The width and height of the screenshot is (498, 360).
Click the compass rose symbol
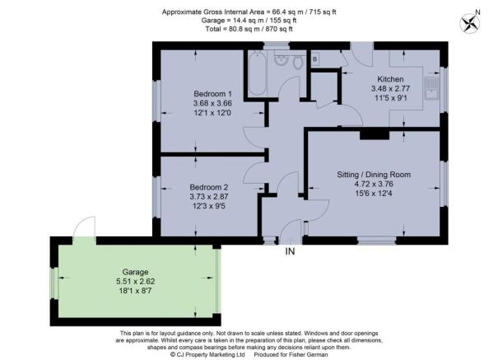(470, 24)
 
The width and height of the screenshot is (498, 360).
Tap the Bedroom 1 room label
(212, 94)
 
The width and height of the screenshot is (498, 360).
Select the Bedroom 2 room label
(208, 187)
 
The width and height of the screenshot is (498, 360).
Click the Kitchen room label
(390, 79)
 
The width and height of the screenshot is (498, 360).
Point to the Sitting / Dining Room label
(374, 175)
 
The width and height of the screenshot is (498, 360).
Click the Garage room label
(135, 272)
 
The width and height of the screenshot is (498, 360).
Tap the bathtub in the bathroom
(257, 74)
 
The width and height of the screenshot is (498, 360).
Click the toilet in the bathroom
(298, 63)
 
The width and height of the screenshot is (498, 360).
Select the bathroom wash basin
(281, 60)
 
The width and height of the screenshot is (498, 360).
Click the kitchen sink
(431, 88)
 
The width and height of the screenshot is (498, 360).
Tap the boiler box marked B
(315, 59)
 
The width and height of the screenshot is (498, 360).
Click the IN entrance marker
(290, 251)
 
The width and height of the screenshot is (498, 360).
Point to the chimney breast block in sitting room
(375, 135)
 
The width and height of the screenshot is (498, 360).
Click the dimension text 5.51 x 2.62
(136, 281)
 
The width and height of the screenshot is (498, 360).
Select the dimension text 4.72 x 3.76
(374, 184)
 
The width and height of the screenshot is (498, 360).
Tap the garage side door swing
(85, 227)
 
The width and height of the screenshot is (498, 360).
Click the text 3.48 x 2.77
(391, 88)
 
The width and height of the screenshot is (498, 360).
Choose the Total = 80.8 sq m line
(249, 29)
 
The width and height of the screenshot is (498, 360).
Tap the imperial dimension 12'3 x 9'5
(209, 206)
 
